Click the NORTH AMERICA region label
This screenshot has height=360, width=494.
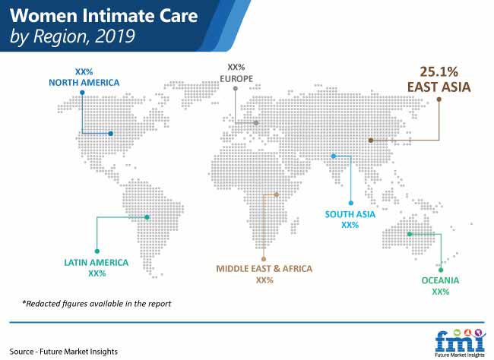(84, 83)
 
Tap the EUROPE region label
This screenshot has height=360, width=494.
(236, 79)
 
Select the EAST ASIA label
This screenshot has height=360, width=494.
(439, 87)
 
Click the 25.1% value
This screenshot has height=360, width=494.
(439, 72)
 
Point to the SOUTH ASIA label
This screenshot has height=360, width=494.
(350, 214)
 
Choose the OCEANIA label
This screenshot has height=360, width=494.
(440, 280)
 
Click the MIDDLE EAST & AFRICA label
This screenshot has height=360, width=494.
(264, 269)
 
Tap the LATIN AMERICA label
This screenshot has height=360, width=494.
(97, 263)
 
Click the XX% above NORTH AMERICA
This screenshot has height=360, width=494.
(84, 72)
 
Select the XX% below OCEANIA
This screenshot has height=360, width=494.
(441, 292)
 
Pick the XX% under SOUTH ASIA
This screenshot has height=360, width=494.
(350, 226)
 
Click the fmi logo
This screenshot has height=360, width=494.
(459, 343)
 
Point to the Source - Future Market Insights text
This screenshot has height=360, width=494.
(64, 352)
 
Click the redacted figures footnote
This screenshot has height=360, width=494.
(97, 304)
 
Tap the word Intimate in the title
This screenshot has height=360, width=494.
(118, 16)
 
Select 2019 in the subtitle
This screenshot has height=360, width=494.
(115, 36)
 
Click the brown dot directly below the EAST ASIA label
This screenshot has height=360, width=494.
(439, 99)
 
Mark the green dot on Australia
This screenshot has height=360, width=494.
(410, 234)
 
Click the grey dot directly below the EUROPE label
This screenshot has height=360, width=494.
(236, 89)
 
